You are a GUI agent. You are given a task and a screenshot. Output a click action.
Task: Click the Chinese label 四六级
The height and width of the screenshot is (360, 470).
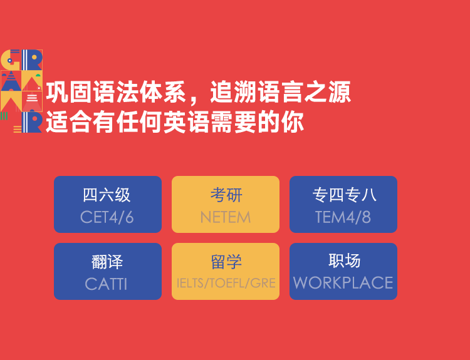(107, 195)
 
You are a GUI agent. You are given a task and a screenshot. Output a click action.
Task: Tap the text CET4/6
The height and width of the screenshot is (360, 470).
(107, 217)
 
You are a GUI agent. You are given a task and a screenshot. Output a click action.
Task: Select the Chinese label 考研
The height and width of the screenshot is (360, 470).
(226, 195)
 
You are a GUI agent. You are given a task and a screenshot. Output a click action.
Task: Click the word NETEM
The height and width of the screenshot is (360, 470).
(226, 217)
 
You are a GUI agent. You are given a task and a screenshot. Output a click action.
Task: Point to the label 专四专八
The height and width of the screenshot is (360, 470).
(344, 195)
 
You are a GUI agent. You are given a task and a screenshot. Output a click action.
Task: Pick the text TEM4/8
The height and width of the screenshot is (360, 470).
(343, 217)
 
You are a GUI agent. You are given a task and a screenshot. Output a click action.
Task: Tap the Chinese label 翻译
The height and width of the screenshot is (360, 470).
(107, 262)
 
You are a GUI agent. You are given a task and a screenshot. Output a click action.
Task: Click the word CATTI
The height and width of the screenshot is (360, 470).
(106, 284)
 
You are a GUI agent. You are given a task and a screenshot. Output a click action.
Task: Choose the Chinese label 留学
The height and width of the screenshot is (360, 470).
(226, 262)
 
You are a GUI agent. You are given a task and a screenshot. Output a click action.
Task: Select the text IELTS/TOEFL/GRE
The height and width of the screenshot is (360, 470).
(226, 283)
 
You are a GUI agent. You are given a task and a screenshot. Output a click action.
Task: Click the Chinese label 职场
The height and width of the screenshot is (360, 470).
(344, 260)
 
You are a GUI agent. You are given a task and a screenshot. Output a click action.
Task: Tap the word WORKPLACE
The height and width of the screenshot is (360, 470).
(343, 283)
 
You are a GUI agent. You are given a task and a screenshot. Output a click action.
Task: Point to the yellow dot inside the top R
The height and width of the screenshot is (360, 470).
(34, 57)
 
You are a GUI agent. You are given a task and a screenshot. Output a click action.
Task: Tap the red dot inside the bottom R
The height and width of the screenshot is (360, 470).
(34, 119)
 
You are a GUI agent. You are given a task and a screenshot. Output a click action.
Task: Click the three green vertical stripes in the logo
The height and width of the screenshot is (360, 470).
(4, 116)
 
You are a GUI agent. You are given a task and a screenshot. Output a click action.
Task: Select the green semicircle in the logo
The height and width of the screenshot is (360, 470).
(38, 75)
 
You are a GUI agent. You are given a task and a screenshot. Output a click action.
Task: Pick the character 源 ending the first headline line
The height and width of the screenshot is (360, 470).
(339, 91)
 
